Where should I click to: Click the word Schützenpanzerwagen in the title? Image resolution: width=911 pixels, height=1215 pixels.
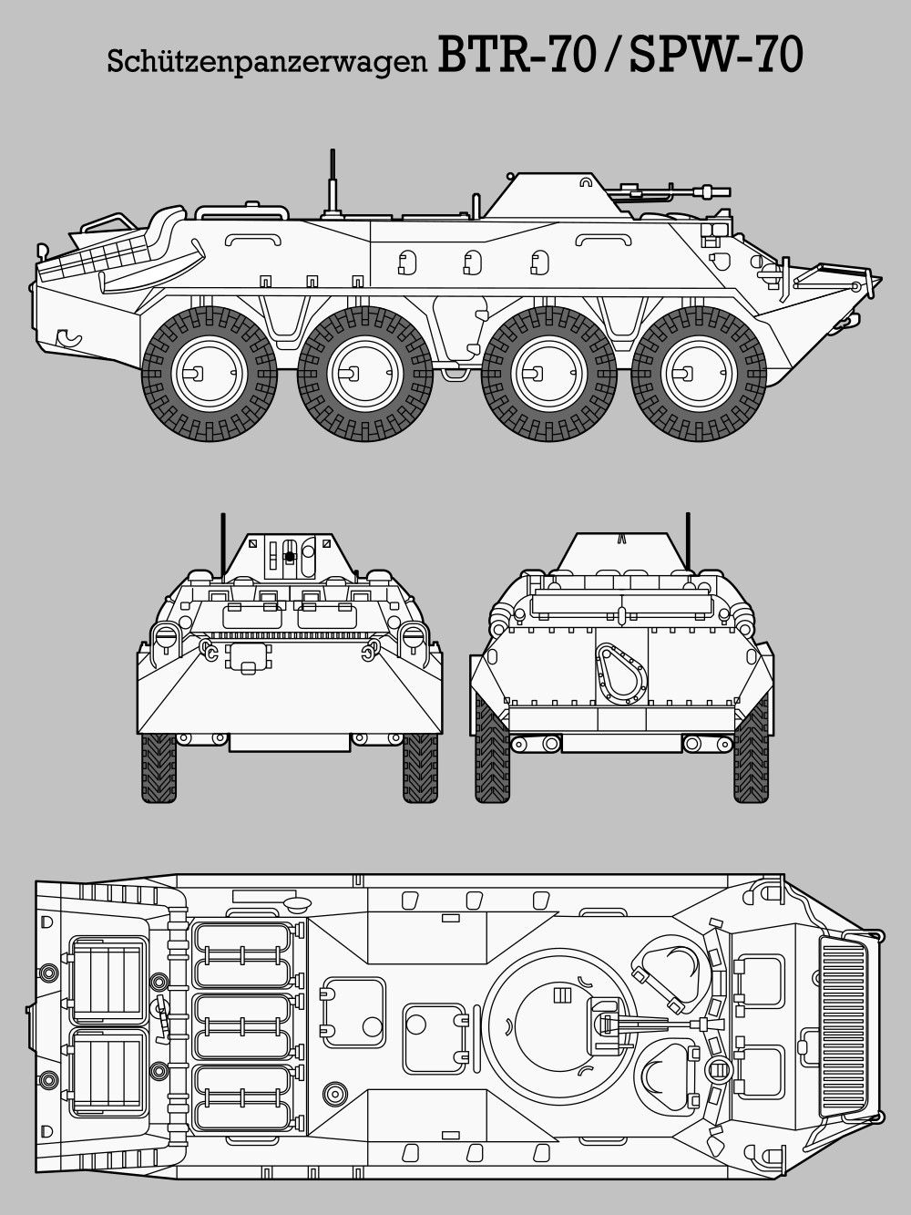coord(267,61)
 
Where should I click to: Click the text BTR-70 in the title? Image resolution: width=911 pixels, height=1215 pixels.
coord(517,55)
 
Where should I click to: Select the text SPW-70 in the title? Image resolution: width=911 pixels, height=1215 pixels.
coord(716,55)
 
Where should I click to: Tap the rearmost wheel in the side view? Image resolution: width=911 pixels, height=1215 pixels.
coord(210,374)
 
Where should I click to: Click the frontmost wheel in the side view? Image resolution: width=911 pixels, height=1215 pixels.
coord(699,374)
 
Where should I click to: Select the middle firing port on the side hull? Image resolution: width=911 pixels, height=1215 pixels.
coord(473,263)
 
